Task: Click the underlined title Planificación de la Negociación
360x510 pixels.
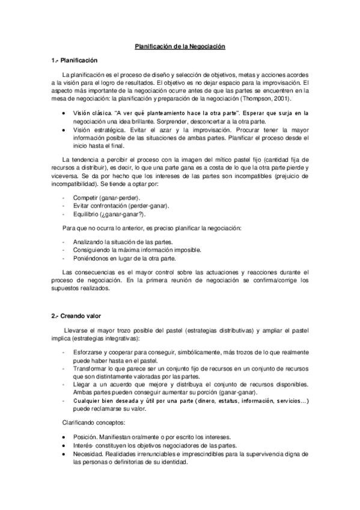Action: (x=180, y=46)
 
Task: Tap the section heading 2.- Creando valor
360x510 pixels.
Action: (x=77, y=315)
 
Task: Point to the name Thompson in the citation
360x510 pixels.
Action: (x=260, y=99)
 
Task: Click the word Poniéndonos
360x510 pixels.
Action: (x=90, y=258)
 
